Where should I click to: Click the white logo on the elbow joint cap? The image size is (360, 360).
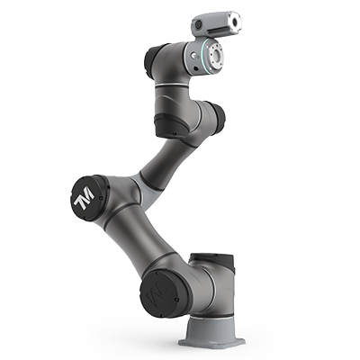(x=84, y=198)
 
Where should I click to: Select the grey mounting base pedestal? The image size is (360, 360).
(x=211, y=331)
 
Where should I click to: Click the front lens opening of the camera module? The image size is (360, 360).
(x=235, y=22)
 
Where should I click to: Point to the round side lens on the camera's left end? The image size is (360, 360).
(x=198, y=25)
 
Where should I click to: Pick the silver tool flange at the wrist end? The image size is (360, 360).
(x=215, y=55)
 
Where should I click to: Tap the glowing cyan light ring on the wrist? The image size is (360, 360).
(x=204, y=57)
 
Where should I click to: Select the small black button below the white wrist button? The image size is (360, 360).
(x=195, y=68)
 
